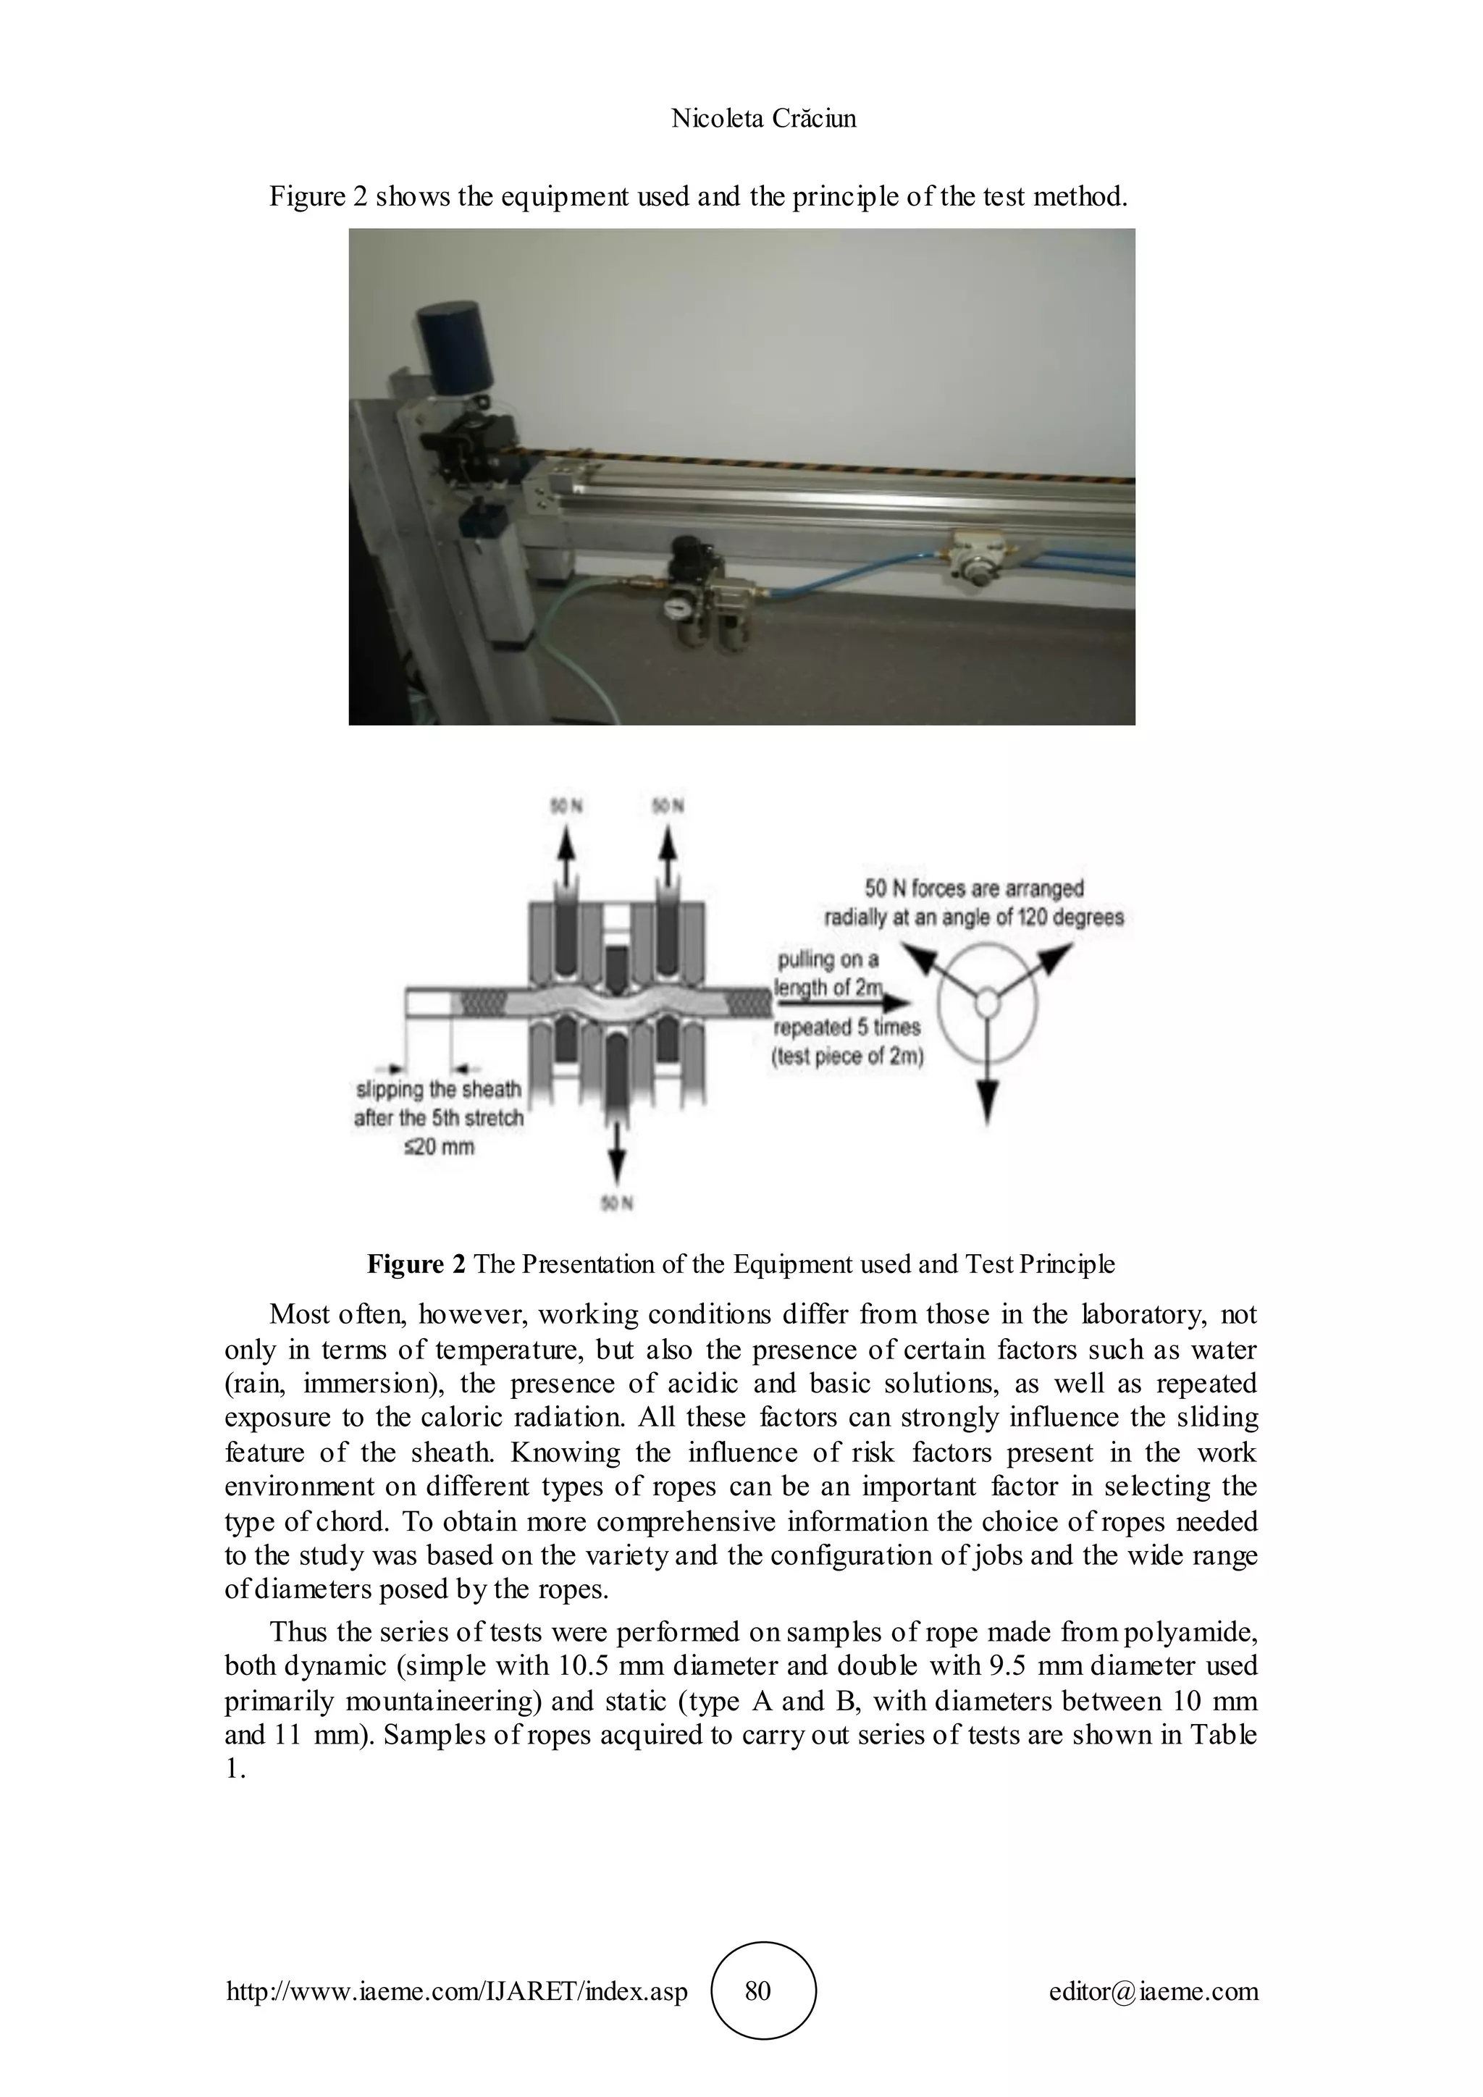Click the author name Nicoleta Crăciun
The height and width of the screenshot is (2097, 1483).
click(x=763, y=118)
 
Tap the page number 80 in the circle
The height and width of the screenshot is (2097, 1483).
click(x=758, y=1990)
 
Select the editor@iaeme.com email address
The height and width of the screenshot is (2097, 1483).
click(x=1154, y=1990)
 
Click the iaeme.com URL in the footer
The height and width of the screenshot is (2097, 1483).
click(x=457, y=1990)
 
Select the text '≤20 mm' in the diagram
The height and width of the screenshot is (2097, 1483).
click(x=440, y=1146)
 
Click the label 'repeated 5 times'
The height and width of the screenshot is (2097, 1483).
click(x=847, y=1028)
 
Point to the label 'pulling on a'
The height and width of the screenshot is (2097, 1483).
click(x=828, y=959)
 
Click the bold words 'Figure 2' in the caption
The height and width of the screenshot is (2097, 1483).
click(x=416, y=1264)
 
